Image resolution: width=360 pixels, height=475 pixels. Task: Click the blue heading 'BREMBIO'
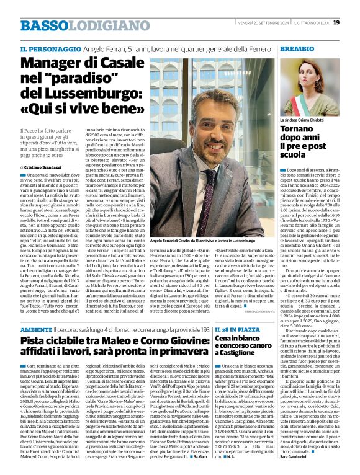[297, 48]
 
